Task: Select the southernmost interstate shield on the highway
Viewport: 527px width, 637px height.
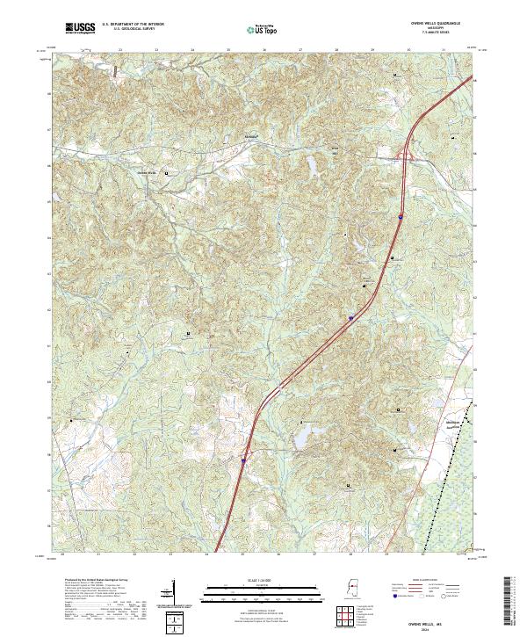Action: click(x=243, y=459)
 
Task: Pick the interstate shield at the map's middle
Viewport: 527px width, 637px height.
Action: click(x=350, y=318)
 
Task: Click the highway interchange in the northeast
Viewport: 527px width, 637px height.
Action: click(x=406, y=156)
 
